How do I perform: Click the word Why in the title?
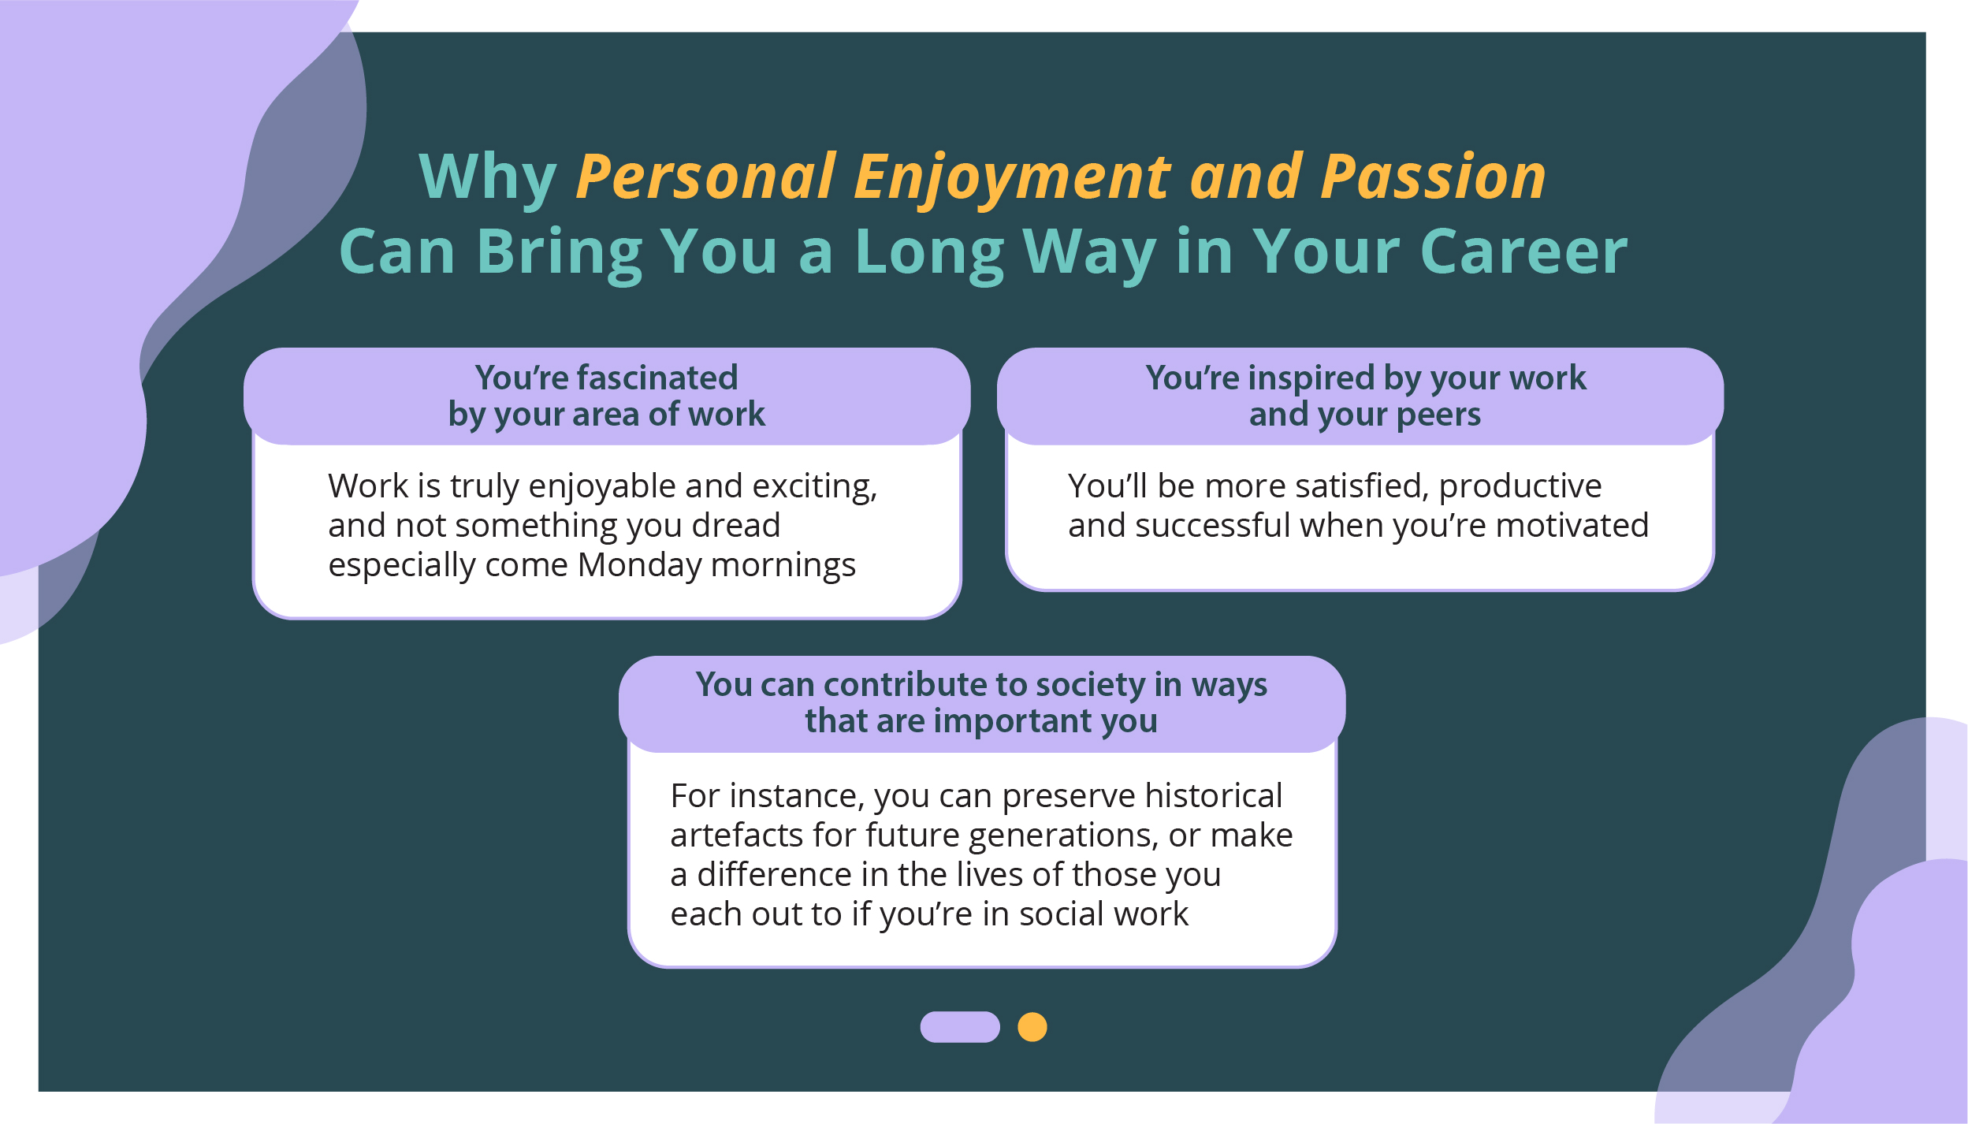(x=488, y=177)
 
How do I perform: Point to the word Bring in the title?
(x=559, y=254)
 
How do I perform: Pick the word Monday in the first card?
(x=638, y=565)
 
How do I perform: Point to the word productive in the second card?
(x=1520, y=487)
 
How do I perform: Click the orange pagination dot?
(x=1032, y=1027)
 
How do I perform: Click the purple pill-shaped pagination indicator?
(x=960, y=1027)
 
